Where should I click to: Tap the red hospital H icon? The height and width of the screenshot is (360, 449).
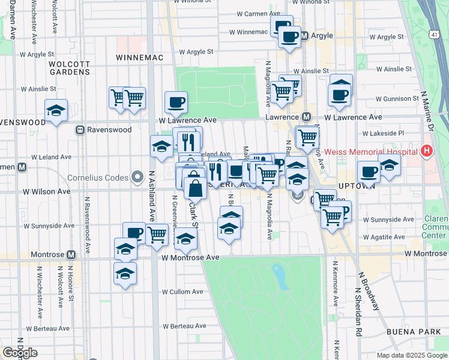coord(427,151)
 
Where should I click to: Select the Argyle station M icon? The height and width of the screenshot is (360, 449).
coord(304,36)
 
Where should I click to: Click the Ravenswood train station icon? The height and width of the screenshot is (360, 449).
coord(79,130)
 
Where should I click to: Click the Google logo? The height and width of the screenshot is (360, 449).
coord(20,353)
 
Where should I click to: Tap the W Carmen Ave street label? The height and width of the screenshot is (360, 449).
coord(258,13)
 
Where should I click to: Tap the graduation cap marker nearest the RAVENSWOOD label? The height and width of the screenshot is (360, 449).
coord(56,111)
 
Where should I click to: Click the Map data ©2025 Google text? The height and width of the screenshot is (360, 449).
coord(411,355)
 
